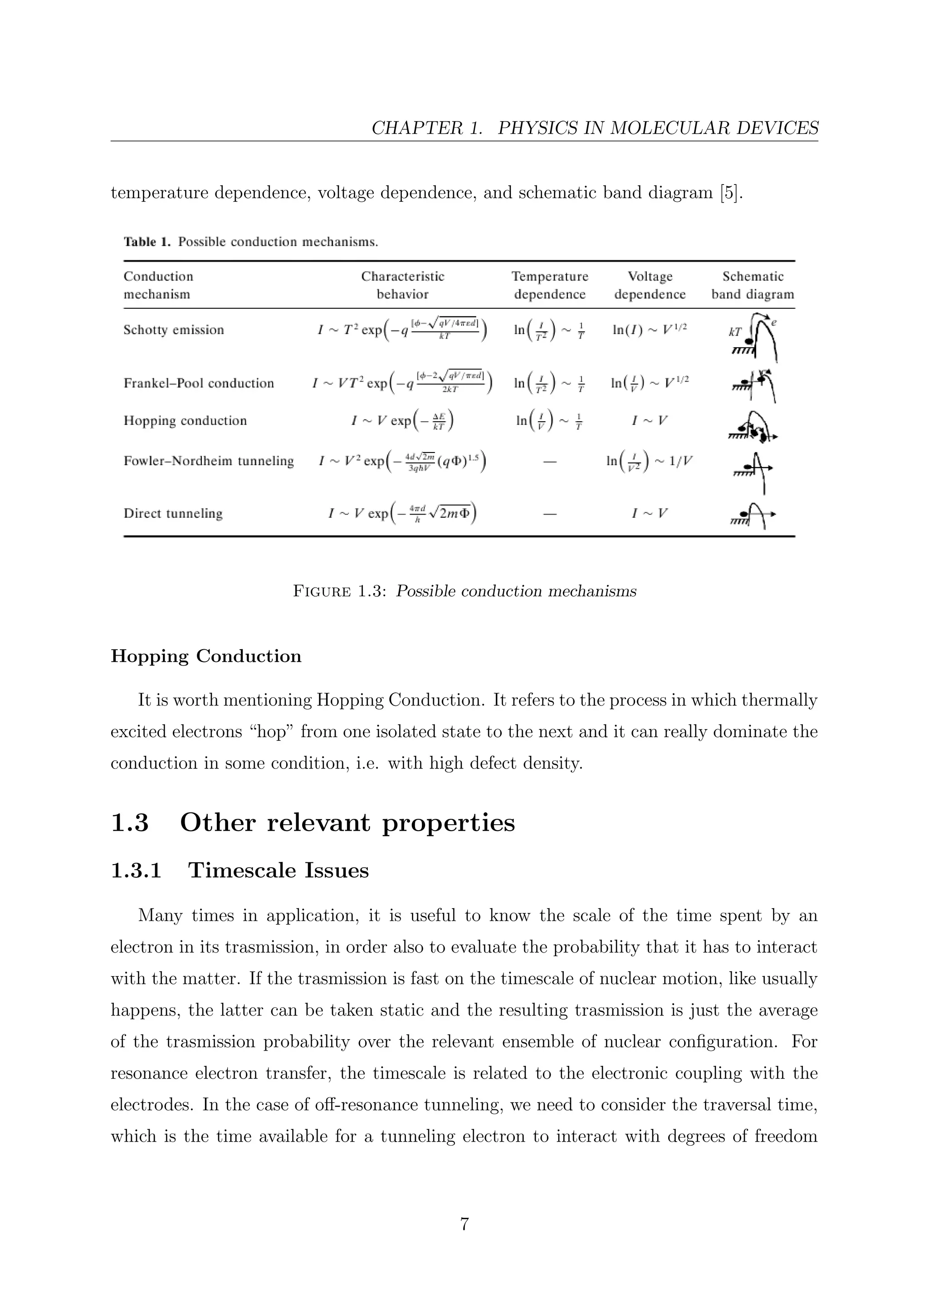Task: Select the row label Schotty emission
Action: coord(173,330)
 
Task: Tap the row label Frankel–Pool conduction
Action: coord(199,383)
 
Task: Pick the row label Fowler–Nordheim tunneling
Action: coord(208,461)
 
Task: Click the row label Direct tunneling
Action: coord(173,514)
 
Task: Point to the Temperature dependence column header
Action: coord(549,285)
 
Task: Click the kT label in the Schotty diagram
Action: coord(734,332)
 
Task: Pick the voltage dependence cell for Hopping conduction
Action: coord(649,421)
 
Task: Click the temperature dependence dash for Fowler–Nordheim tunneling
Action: coord(549,462)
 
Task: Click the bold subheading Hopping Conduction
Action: coord(206,656)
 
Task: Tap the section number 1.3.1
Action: coord(136,870)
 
